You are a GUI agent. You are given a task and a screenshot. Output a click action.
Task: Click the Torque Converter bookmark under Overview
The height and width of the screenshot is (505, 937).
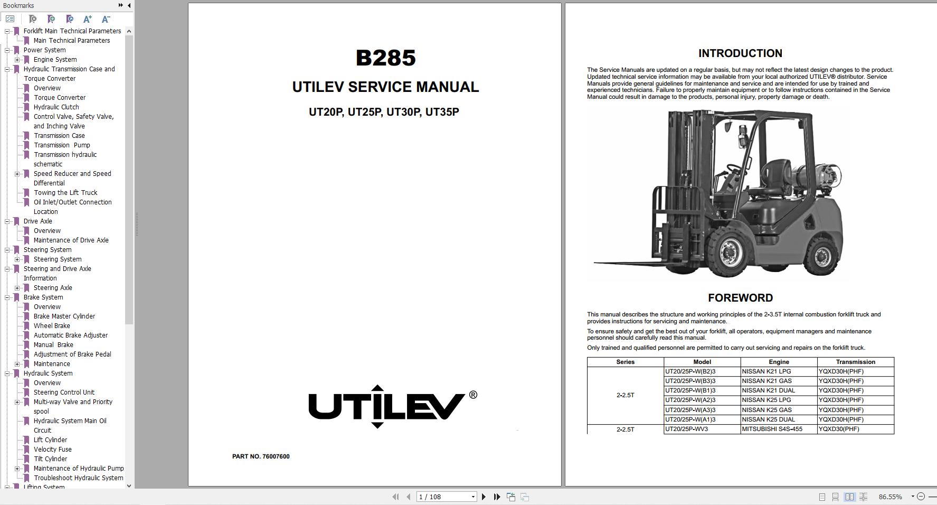pyautogui.click(x=59, y=98)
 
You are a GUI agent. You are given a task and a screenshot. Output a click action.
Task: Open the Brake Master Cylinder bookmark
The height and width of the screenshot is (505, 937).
pyautogui.click(x=64, y=316)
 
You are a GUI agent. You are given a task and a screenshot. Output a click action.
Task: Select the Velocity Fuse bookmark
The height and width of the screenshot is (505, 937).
pyautogui.click(x=52, y=450)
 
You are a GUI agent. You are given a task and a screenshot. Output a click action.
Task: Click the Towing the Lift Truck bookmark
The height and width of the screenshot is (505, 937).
pyautogui.click(x=65, y=193)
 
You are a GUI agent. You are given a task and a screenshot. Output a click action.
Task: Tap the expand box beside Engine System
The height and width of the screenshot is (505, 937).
pyautogui.click(x=17, y=60)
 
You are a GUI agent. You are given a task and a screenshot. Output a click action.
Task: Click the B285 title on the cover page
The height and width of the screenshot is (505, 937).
pyautogui.click(x=385, y=58)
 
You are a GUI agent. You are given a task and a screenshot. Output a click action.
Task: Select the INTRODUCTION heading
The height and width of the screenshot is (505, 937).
pyautogui.click(x=740, y=53)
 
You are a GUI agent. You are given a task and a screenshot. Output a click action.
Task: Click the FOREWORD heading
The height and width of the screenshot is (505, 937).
pyautogui.click(x=740, y=298)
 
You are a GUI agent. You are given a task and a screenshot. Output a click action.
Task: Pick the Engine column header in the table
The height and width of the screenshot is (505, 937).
pyautogui.click(x=779, y=362)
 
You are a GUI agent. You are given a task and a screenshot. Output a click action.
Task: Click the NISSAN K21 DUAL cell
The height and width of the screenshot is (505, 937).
pyautogui.click(x=768, y=390)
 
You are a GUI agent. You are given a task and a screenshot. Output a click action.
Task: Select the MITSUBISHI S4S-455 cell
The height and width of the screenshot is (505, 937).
pyautogui.click(x=772, y=429)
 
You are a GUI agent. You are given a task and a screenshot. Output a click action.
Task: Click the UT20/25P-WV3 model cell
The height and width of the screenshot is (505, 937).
pyautogui.click(x=686, y=429)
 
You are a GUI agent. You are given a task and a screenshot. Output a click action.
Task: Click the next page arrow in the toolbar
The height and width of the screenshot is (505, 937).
pyautogui.click(x=484, y=497)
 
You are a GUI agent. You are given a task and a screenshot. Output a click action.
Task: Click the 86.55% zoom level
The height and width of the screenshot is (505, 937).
pyautogui.click(x=890, y=497)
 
